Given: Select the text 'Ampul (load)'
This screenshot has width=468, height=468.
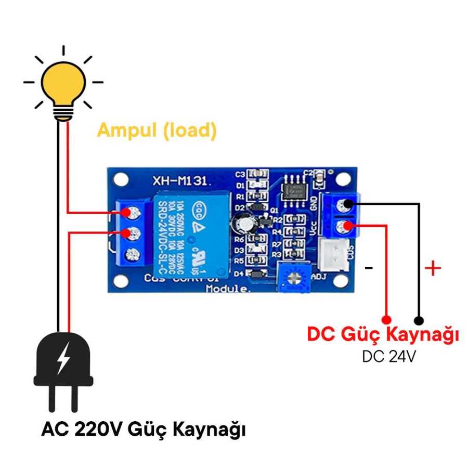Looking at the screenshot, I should (157, 130).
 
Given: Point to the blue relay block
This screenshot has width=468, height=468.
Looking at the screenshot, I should (190, 231).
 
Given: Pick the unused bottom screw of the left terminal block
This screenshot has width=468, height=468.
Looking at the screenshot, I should (134, 254).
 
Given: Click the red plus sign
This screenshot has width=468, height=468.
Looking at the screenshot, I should (433, 268).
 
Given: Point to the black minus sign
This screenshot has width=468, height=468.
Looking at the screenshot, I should (369, 268).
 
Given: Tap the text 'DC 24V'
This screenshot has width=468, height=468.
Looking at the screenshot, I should (388, 357).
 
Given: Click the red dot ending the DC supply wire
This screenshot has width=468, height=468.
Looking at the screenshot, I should (386, 318).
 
